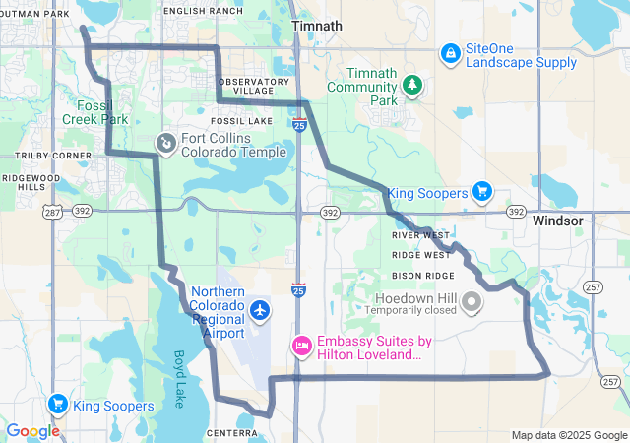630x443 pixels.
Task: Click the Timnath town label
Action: pyautogui.click(x=317, y=26)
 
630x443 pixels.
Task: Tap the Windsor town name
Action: pyautogui.click(x=558, y=221)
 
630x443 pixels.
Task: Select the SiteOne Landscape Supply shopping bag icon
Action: pyautogui.click(x=450, y=52)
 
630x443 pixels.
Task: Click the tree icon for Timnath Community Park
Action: pyautogui.click(x=412, y=86)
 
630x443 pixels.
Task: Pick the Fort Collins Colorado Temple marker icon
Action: pyautogui.click(x=166, y=145)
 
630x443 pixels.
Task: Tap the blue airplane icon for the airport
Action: pyautogui.click(x=260, y=311)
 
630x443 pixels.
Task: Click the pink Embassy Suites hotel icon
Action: pyautogui.click(x=302, y=347)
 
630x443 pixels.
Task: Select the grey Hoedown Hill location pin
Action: pyautogui.click(x=472, y=300)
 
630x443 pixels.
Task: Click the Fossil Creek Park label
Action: pyautogui.click(x=102, y=112)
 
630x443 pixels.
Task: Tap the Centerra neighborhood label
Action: pyautogui.click(x=231, y=432)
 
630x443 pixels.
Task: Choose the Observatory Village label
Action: pyautogui.click(x=254, y=85)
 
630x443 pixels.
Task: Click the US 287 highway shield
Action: pyautogui.click(x=53, y=211)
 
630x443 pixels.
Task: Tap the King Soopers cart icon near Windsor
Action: pyautogui.click(x=481, y=190)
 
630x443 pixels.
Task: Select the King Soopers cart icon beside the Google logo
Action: pyautogui.click(x=57, y=404)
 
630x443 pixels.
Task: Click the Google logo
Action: pyautogui.click(x=32, y=430)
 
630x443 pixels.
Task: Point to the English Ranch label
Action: pyautogui.click(x=203, y=10)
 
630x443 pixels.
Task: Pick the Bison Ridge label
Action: pyautogui.click(x=423, y=275)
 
